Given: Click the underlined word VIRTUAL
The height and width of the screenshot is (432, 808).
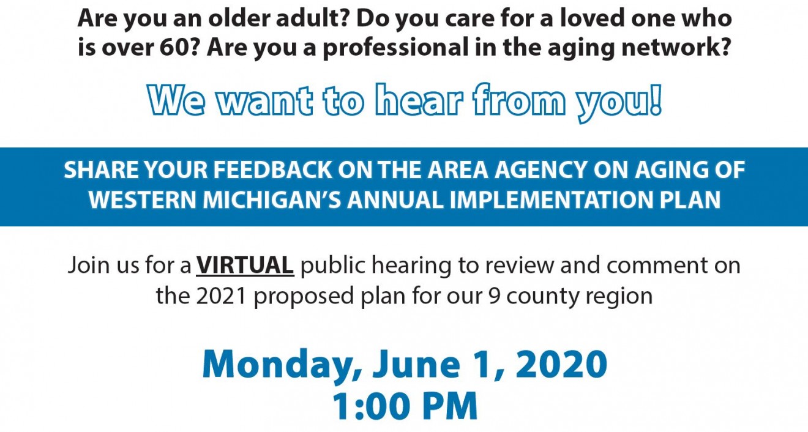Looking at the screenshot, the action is (245, 266).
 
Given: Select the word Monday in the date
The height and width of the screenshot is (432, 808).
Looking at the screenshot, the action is (277, 365).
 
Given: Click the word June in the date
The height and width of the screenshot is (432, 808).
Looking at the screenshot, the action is (416, 364).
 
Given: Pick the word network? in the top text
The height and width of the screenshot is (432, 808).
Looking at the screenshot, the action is (676, 48).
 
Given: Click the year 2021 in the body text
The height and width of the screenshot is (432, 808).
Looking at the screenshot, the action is (221, 296).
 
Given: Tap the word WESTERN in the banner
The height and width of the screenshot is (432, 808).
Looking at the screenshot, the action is (143, 199).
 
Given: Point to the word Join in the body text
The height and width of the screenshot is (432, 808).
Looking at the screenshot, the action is (88, 266).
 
